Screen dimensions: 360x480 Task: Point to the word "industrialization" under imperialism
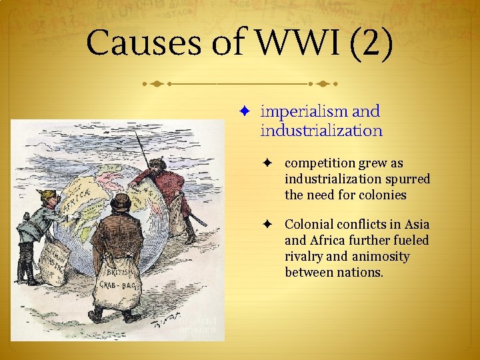pyautogui.click(x=321, y=131)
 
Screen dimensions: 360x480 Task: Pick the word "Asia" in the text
pyautogui.click(x=415, y=225)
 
